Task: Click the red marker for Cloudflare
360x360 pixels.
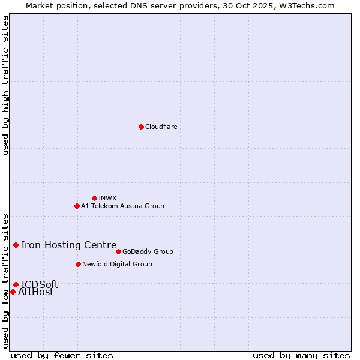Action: tap(141, 127)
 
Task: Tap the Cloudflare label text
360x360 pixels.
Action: tap(161, 127)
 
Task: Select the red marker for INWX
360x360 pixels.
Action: tap(94, 198)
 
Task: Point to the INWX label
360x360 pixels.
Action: tap(107, 198)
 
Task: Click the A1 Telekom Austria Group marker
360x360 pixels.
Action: tap(77, 206)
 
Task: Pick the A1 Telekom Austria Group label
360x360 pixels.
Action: tap(122, 206)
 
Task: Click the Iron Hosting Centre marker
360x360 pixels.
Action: tap(16, 245)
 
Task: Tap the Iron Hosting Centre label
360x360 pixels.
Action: tap(68, 245)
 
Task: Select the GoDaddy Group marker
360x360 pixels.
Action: tap(118, 251)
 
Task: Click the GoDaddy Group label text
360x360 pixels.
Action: tap(148, 251)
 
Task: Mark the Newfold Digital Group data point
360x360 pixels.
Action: tap(78, 264)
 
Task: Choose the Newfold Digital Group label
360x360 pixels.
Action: tap(117, 264)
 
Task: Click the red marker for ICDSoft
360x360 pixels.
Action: tap(16, 284)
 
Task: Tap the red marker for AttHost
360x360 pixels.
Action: tap(13, 292)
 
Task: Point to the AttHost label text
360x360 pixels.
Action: tap(36, 292)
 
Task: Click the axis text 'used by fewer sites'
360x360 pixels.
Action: tap(62, 355)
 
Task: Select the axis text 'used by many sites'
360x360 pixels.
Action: tap(301, 355)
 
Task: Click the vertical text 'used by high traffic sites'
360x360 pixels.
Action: tap(5, 86)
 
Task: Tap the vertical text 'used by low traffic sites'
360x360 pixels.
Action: tap(5, 281)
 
